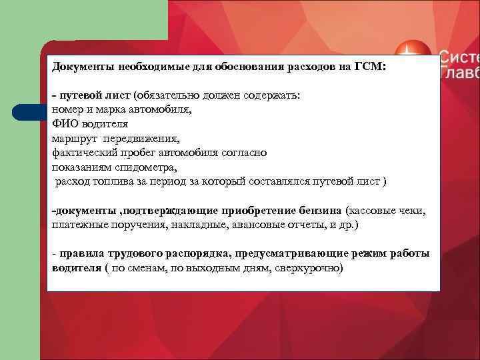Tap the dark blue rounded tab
[30, 111]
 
